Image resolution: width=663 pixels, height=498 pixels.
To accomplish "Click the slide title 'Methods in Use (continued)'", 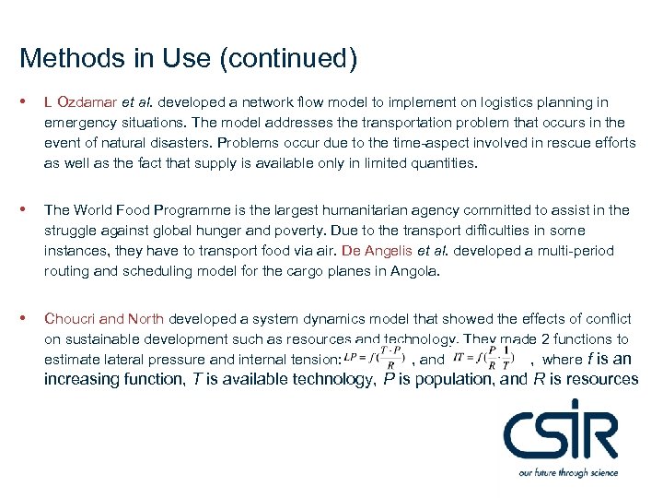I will coord(188,59).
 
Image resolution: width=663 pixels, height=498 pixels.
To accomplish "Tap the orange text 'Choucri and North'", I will coord(104,319).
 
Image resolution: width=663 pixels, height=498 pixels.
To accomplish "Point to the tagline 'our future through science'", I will coord(567,472).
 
